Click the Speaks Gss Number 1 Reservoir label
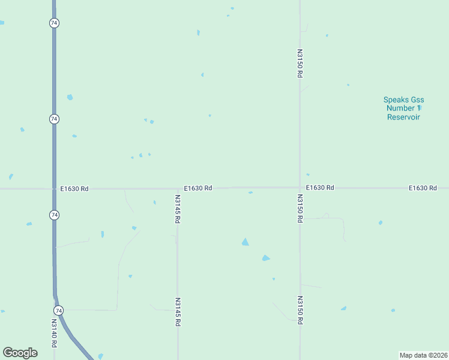pyautogui.click(x=403, y=108)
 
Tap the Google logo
pyautogui.click(x=20, y=353)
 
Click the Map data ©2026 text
pyautogui.click(x=423, y=355)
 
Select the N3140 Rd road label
pyautogui.click(x=53, y=333)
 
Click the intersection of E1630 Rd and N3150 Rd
pyautogui.click(x=300, y=187)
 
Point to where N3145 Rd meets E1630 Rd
pyautogui.click(x=177, y=188)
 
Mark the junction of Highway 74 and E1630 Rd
pyautogui.click(x=54, y=188)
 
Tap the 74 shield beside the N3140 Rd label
pyautogui.click(x=58, y=310)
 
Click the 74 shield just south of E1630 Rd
pyautogui.click(x=54, y=214)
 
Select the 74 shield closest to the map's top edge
pyautogui.click(x=54, y=23)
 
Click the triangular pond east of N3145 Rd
pyautogui.click(x=245, y=242)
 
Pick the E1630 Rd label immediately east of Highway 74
pyautogui.click(x=74, y=188)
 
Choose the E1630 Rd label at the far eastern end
pyautogui.click(x=423, y=188)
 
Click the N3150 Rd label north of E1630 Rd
pyautogui.click(x=299, y=63)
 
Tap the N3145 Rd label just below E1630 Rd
pyautogui.click(x=177, y=209)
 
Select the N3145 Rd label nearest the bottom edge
pyautogui.click(x=178, y=312)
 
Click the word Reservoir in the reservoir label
pyautogui.click(x=403, y=117)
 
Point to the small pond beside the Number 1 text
pyautogui.click(x=420, y=107)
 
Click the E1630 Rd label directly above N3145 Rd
pyautogui.click(x=198, y=188)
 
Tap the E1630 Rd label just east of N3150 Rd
pyautogui.click(x=320, y=188)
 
